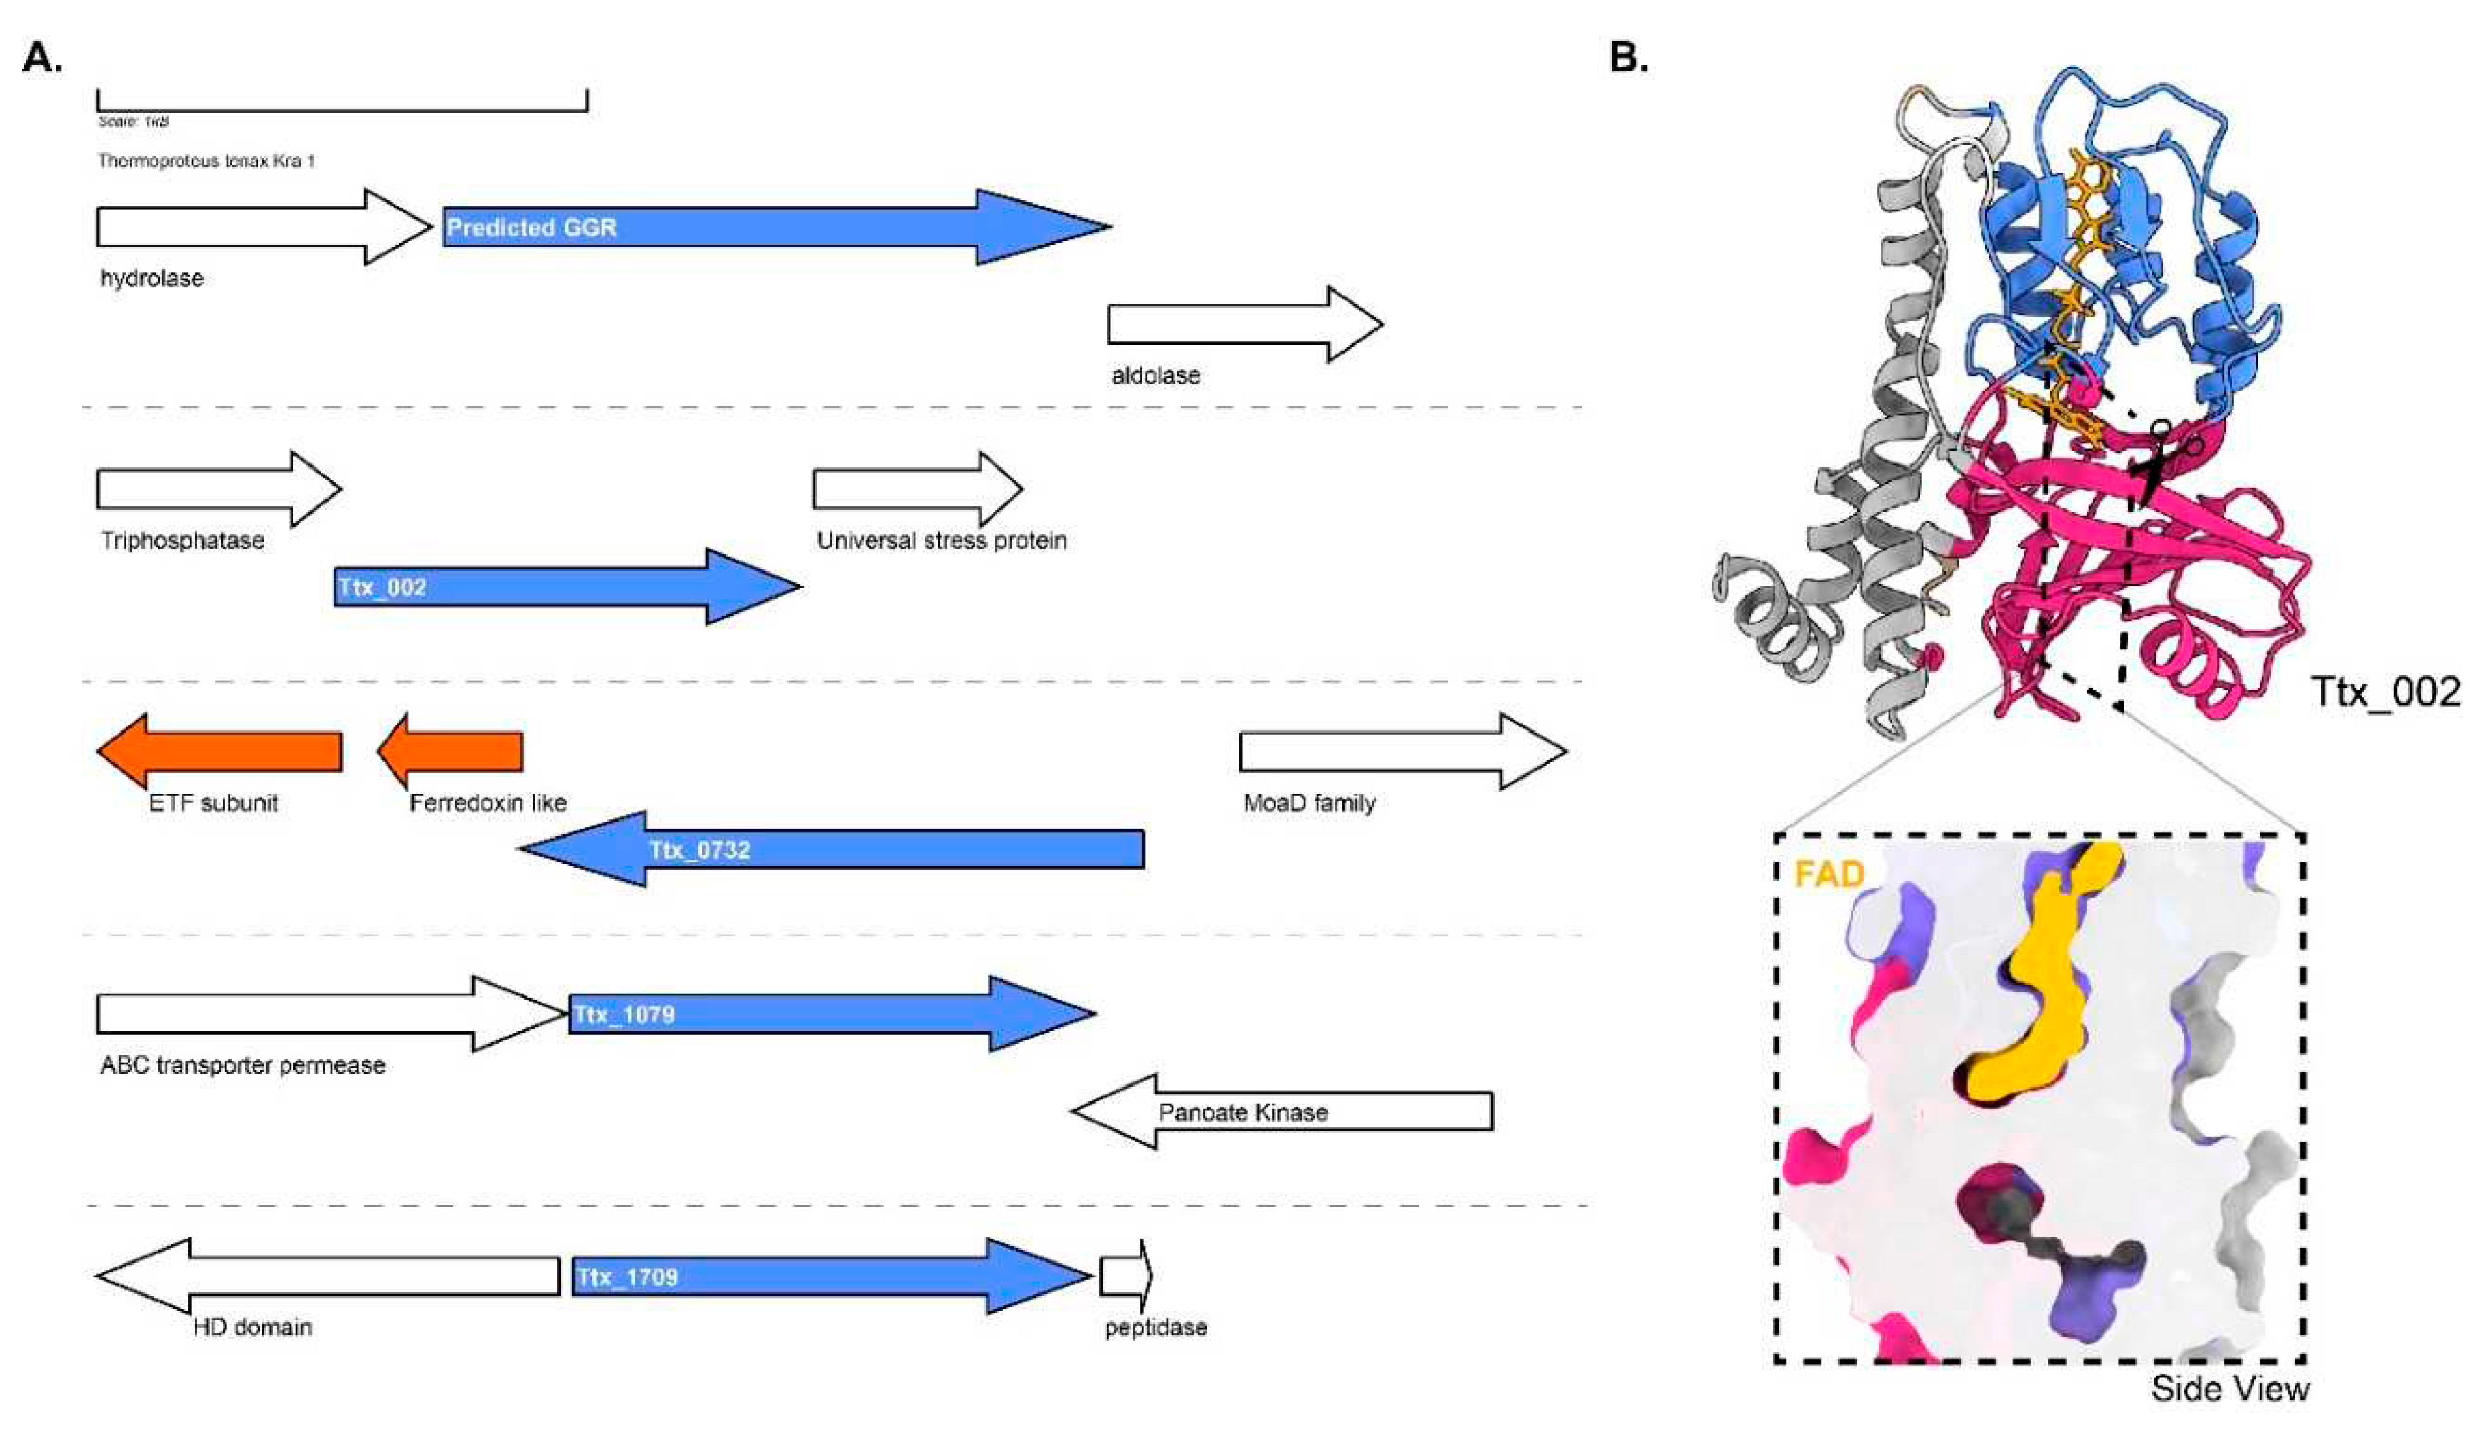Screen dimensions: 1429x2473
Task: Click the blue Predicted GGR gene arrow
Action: (766, 228)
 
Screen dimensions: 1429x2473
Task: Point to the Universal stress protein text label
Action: (941, 541)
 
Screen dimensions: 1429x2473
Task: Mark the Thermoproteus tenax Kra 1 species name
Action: (206, 161)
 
